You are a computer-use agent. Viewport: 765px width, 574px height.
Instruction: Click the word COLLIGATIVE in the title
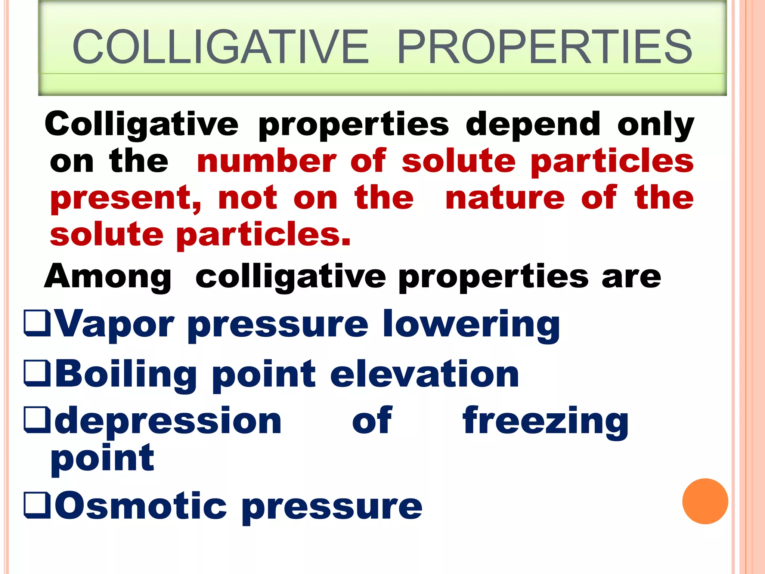tap(220, 47)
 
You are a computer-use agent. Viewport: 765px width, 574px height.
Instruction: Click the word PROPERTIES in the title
tap(545, 47)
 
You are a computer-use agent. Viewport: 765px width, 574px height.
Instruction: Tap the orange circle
tap(705, 501)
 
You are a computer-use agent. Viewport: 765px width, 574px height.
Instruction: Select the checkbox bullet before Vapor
tap(37, 323)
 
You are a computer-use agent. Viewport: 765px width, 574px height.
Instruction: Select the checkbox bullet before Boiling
tap(37, 373)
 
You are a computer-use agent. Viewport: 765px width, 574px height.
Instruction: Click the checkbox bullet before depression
tap(37, 420)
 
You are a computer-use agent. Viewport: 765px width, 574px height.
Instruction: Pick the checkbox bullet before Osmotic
tap(37, 506)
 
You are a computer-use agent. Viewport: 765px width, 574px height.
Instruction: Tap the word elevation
tap(424, 374)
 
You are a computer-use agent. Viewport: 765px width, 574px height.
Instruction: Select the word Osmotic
tap(141, 506)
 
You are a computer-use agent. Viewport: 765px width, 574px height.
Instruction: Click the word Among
tap(108, 277)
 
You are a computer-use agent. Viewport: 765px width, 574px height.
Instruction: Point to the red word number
tap(267, 161)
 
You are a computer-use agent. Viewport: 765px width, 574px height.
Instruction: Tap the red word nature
tap(505, 198)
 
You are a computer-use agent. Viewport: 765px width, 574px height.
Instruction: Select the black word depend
tap(533, 125)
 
